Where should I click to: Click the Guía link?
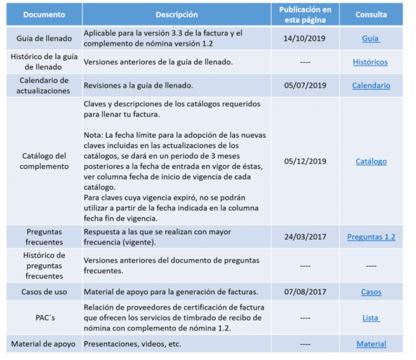(371, 39)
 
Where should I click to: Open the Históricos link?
(370, 62)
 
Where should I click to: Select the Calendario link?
(371, 86)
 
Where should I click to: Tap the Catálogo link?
(371, 161)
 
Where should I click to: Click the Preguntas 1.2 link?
(371, 237)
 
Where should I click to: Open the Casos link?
(371, 292)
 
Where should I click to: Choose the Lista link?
(371, 318)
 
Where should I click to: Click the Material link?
(371, 344)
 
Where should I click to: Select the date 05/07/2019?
(305, 86)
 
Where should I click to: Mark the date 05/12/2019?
(305, 161)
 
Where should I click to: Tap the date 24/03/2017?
(305, 237)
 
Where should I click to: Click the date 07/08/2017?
(305, 292)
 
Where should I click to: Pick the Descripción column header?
(177, 14)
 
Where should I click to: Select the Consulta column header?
(371, 14)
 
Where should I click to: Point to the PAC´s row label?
(44, 318)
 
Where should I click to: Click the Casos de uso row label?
(44, 292)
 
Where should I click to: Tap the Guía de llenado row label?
(44, 39)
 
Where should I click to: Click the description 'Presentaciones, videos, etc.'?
(132, 344)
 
